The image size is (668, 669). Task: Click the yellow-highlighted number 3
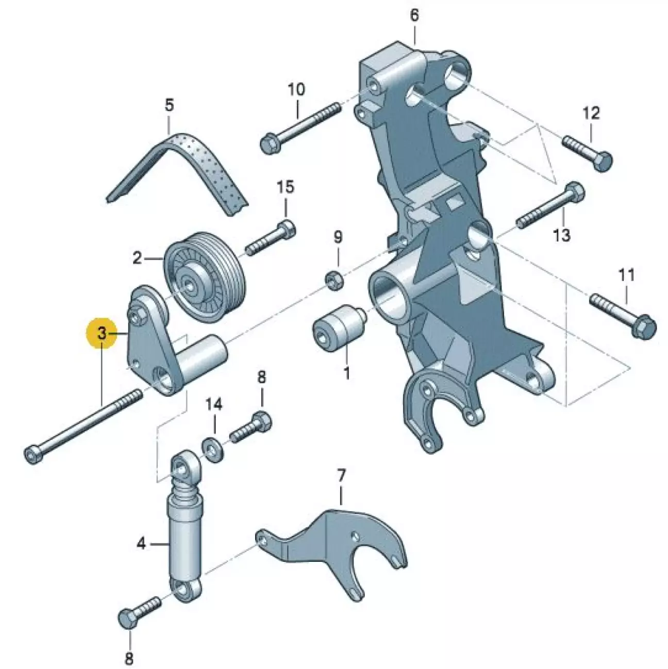tap(102, 334)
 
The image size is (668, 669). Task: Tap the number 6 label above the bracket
tap(414, 15)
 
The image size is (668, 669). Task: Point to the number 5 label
tap(169, 105)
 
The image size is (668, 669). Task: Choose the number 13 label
tap(562, 235)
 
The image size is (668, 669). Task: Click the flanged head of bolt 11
tap(644, 327)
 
